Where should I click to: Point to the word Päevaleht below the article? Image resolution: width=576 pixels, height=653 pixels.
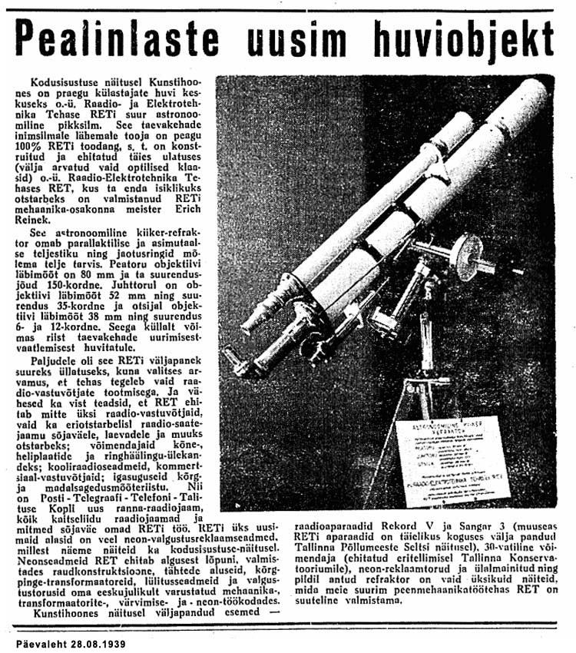38,640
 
